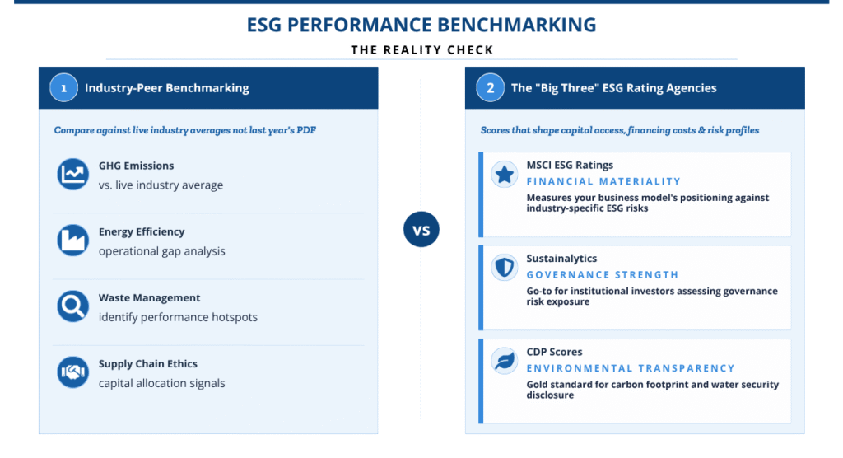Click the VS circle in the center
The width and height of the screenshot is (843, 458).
(x=421, y=229)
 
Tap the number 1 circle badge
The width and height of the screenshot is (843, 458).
(x=63, y=87)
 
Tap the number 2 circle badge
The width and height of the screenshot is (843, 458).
(x=490, y=87)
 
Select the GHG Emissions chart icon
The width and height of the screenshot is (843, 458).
(x=72, y=175)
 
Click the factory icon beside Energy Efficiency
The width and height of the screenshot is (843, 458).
(x=72, y=241)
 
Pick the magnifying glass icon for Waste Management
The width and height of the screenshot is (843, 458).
(x=72, y=306)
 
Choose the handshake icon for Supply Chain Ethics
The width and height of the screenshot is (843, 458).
(x=72, y=372)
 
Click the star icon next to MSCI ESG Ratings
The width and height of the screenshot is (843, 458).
(x=505, y=175)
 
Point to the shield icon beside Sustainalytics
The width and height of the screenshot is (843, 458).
(x=505, y=268)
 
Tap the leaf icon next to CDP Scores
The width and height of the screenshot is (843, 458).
(x=505, y=361)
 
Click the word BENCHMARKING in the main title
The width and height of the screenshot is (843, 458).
(x=517, y=25)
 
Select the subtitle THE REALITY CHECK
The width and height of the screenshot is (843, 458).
(x=422, y=50)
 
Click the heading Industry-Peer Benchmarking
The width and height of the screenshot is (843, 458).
(x=166, y=87)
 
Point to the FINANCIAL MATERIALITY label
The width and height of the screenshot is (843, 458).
(x=603, y=181)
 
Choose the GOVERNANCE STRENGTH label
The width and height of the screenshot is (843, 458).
(x=602, y=275)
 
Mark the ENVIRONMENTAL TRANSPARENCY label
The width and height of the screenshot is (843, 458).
(x=630, y=368)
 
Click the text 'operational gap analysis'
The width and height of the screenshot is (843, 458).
(x=162, y=251)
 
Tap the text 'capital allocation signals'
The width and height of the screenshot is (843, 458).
(x=162, y=383)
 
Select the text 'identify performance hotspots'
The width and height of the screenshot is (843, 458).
(x=178, y=317)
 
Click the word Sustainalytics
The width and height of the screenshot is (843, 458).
(x=561, y=259)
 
